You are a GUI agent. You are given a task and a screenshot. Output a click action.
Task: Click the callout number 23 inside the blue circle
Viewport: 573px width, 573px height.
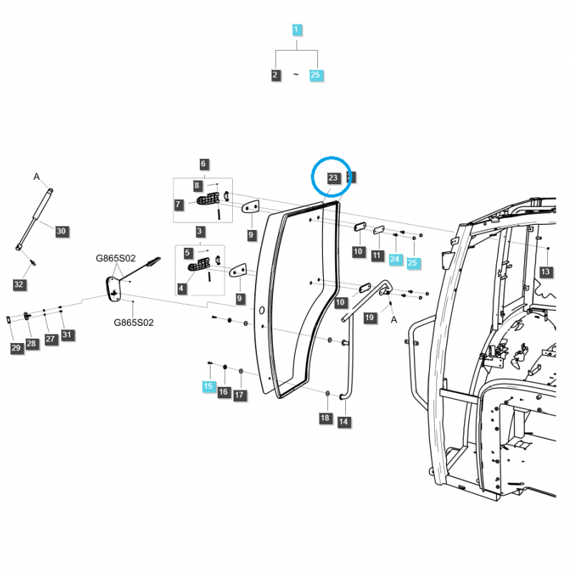pyautogui.click(x=332, y=178)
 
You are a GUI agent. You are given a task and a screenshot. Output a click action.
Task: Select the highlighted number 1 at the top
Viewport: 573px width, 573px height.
pyautogui.click(x=297, y=29)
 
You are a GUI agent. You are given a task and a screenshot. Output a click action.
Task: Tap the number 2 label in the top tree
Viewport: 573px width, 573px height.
pyautogui.click(x=276, y=74)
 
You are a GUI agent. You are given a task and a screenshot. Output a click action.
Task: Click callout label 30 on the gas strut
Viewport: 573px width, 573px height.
pyautogui.click(x=61, y=231)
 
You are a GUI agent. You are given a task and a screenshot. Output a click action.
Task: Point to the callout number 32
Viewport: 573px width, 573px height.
pyautogui.click(x=19, y=284)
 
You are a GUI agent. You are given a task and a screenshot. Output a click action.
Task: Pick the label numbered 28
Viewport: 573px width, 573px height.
pyautogui.click(x=31, y=343)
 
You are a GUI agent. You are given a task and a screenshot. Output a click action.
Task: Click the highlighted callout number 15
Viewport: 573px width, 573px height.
pyautogui.click(x=208, y=386)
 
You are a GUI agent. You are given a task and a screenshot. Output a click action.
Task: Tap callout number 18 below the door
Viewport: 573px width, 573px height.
pyautogui.click(x=324, y=418)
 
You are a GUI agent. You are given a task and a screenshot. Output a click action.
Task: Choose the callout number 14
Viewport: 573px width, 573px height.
pyautogui.click(x=344, y=422)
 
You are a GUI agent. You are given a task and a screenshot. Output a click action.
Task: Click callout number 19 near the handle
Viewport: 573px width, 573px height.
pyautogui.click(x=370, y=317)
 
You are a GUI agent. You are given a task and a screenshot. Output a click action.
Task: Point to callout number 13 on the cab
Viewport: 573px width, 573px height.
pyautogui.click(x=546, y=271)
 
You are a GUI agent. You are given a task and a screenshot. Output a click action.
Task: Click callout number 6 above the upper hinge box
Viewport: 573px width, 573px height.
pyautogui.click(x=203, y=163)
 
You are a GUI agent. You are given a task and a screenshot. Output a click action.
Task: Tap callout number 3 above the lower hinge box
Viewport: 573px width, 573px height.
pyautogui.click(x=199, y=231)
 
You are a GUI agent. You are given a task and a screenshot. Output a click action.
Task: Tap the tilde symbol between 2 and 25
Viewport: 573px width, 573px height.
pyautogui.click(x=296, y=75)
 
